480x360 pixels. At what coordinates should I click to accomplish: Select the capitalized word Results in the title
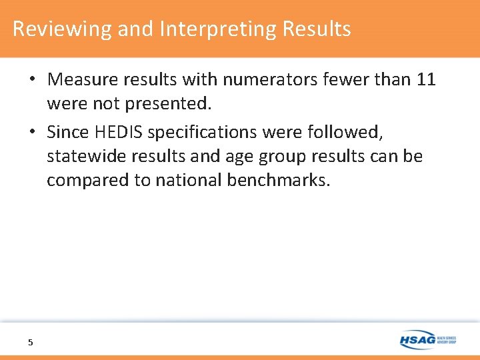pos(317,29)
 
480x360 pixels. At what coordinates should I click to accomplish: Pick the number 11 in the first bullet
pos(425,80)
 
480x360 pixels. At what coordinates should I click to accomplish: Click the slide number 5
pos(30,342)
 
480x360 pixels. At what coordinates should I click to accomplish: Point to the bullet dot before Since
pos(32,133)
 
